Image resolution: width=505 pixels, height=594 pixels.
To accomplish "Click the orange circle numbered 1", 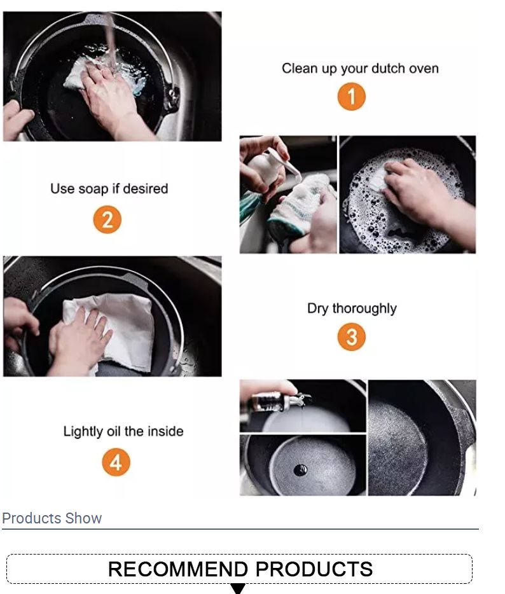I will [352, 97].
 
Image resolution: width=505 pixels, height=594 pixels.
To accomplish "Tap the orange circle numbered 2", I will [107, 220].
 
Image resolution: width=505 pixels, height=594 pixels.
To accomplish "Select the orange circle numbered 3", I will [352, 337].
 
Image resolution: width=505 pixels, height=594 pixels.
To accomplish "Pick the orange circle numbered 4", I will [116, 462].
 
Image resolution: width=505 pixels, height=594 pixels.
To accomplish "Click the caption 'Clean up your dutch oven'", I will [360, 69].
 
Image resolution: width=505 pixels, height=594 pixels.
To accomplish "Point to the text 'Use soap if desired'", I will [109, 189].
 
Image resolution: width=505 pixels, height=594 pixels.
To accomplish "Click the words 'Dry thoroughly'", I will [352, 308].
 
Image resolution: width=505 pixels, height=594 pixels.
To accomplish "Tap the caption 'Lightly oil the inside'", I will [123, 431].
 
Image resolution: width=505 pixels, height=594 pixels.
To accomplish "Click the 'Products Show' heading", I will [52, 518].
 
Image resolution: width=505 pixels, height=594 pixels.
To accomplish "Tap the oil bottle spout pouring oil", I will [300, 399].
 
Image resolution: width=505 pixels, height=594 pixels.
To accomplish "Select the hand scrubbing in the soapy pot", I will [420, 191].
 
